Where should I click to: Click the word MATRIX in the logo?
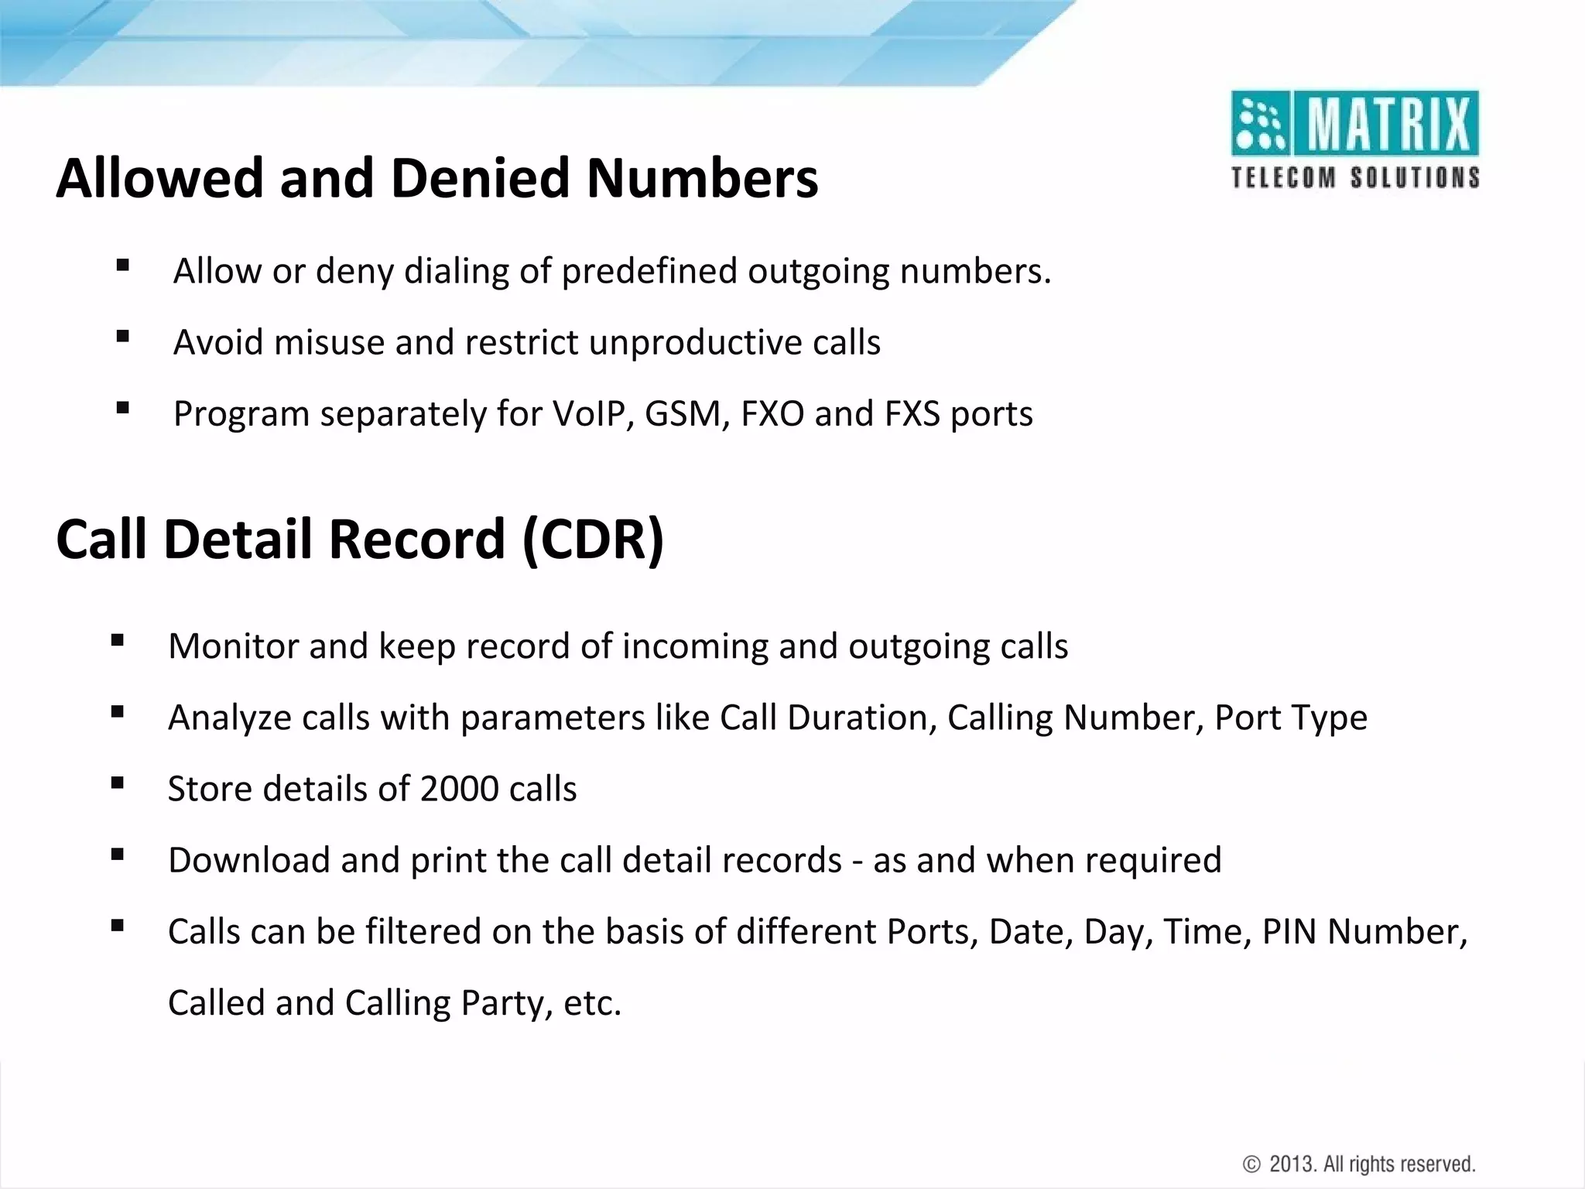point(1387,124)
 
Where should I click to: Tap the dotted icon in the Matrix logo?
point(1259,124)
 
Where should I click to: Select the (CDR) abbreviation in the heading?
point(593,539)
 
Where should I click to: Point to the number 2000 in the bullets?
point(460,789)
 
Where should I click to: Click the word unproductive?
point(695,342)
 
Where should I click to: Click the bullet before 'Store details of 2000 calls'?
point(118,783)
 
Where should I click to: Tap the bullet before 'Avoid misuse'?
point(122,337)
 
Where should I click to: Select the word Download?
point(248,860)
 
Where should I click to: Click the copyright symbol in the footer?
point(1251,1164)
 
